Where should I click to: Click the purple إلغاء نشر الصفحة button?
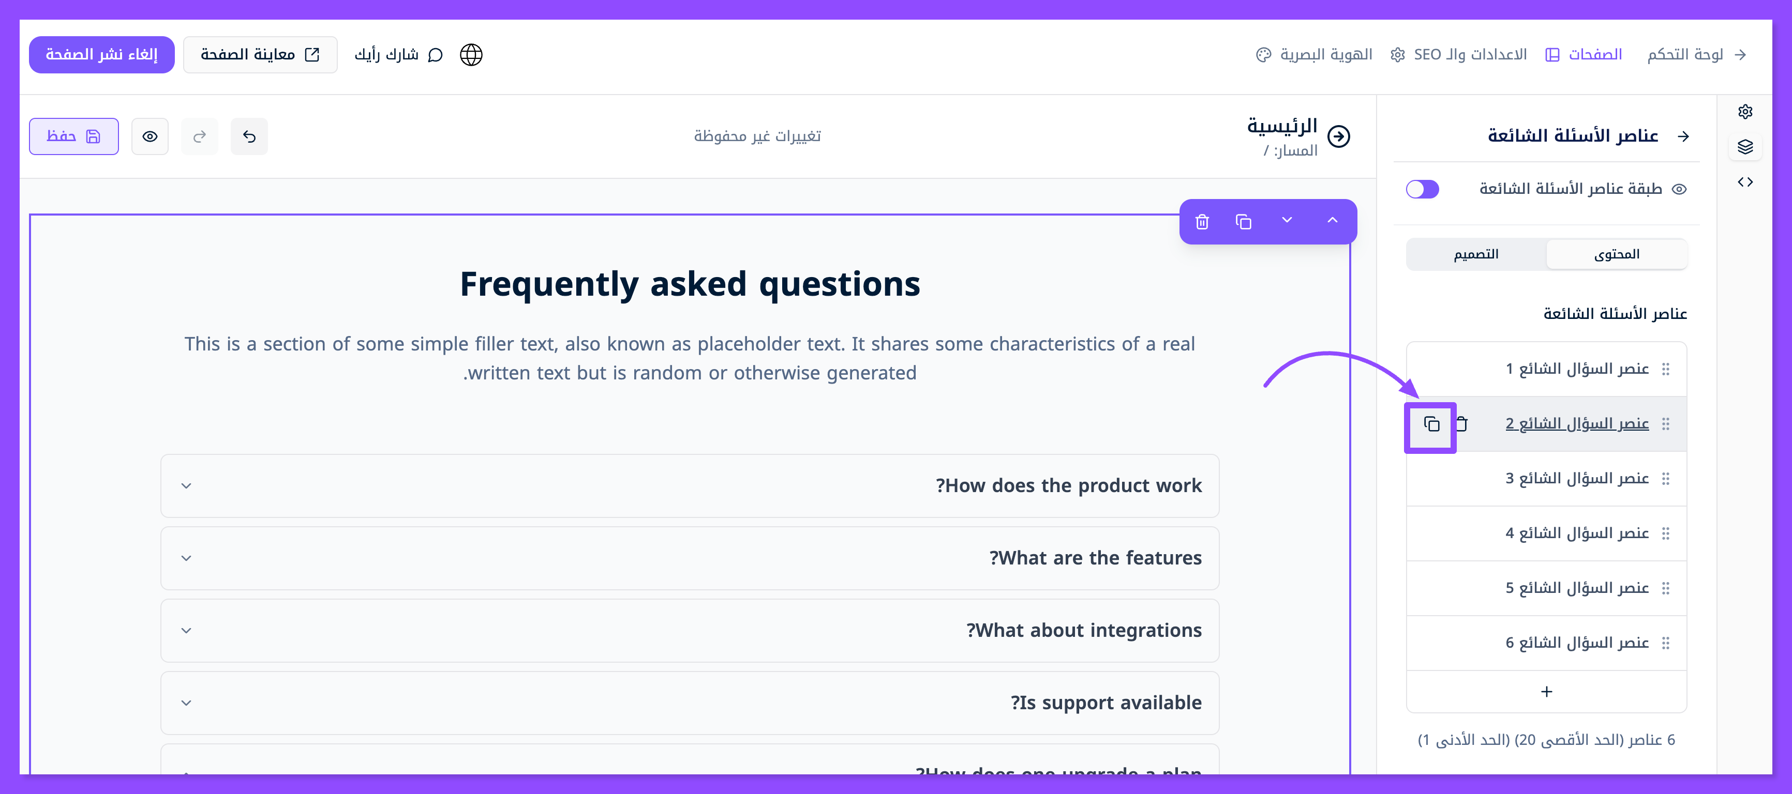coord(101,54)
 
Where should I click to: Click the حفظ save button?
coord(74,136)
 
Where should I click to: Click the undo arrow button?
coord(249,136)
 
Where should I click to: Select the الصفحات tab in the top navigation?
coord(1584,54)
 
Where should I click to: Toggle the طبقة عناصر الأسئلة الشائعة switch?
coord(1422,189)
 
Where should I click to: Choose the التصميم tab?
coord(1476,254)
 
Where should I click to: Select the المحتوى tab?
coord(1617,254)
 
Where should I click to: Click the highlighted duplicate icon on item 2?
coord(1431,424)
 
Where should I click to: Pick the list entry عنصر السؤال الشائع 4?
coord(1577,533)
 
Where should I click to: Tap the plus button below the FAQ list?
coord(1546,692)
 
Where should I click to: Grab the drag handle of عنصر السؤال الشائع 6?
coord(1665,643)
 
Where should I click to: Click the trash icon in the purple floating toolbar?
coord(1202,222)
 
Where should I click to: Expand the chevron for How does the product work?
coord(186,486)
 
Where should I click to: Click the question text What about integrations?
coord(1084,631)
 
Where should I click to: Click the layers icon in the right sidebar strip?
coord(1745,147)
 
